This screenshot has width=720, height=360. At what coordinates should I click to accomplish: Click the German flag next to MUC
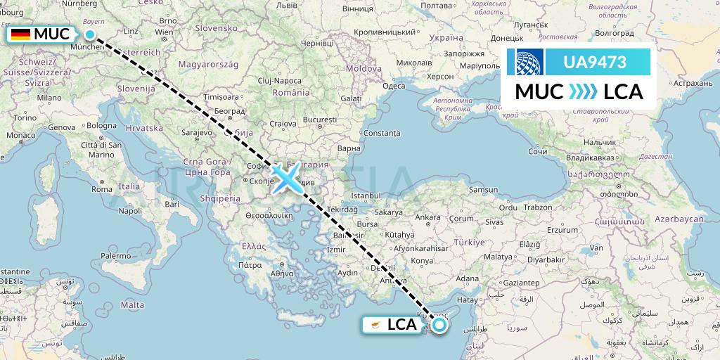click(x=20, y=34)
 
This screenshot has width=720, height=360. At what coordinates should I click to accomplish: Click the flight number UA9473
click(x=595, y=62)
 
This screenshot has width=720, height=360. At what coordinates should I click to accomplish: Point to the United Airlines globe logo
click(x=529, y=62)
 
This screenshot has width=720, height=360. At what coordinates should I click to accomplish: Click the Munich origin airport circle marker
click(x=90, y=34)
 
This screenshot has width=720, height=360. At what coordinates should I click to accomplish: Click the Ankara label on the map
click(x=427, y=217)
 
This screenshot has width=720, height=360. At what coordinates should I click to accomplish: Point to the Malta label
click(x=132, y=304)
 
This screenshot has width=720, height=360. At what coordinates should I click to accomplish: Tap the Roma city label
click(x=101, y=188)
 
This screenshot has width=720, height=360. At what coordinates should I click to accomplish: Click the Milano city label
click(x=50, y=98)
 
